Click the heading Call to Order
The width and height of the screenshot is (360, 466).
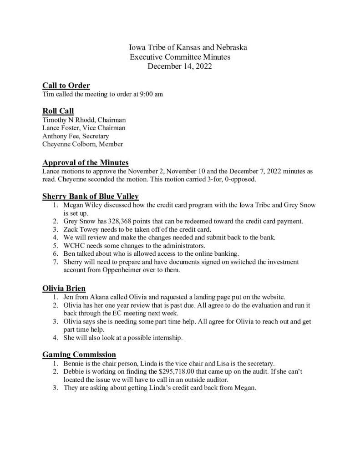click(x=66, y=86)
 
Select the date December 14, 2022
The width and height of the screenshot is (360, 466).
click(x=180, y=66)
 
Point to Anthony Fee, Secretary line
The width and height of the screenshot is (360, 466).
click(x=75, y=137)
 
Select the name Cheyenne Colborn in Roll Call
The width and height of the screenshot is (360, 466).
click(x=68, y=145)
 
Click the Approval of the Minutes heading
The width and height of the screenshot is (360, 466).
click(x=86, y=162)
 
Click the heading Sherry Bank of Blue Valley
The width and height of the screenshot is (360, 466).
click(x=91, y=196)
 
